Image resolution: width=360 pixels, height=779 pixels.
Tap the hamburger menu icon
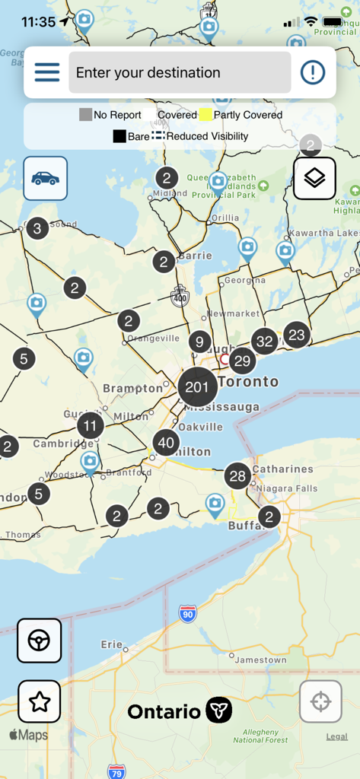click(47, 72)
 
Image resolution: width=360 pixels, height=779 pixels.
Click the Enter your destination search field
click(180, 72)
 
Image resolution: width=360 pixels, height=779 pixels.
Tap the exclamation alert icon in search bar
click(312, 72)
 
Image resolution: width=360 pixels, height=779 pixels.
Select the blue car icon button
click(45, 178)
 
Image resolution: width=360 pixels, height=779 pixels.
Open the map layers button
click(314, 178)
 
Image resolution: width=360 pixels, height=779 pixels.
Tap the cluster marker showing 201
click(197, 387)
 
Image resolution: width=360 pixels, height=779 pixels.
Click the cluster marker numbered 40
click(166, 443)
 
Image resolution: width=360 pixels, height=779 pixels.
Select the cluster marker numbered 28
click(238, 477)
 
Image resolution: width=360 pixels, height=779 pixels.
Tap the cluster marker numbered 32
click(265, 342)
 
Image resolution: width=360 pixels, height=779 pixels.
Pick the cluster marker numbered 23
click(297, 335)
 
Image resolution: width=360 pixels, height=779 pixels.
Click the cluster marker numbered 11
click(91, 426)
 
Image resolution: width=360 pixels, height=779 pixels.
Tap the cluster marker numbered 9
click(199, 342)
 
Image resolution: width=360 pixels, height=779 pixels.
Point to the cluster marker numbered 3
click(37, 227)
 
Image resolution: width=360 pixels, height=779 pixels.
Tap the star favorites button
click(39, 701)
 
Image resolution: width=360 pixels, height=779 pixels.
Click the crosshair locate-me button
click(320, 701)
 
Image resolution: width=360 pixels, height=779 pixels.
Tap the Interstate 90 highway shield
click(188, 613)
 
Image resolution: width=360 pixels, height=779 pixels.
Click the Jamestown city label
click(260, 660)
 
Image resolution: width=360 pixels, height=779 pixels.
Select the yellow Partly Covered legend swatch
click(205, 116)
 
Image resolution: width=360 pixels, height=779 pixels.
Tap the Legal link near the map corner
click(336, 736)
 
